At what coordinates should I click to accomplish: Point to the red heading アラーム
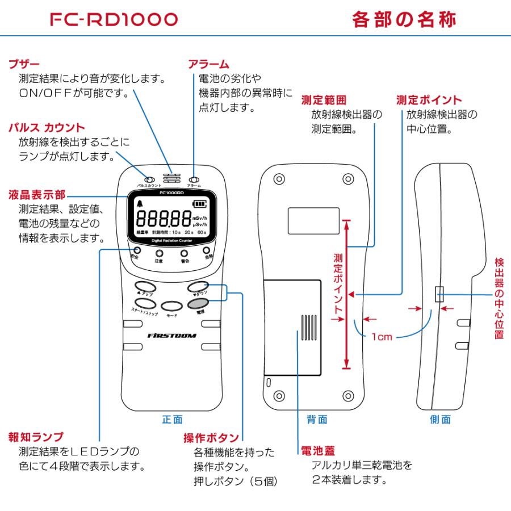click(x=208, y=64)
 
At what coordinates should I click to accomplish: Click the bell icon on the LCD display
click(x=140, y=204)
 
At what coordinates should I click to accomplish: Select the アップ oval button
click(x=144, y=286)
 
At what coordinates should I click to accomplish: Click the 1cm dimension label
click(x=382, y=337)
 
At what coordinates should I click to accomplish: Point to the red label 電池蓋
click(x=313, y=451)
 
